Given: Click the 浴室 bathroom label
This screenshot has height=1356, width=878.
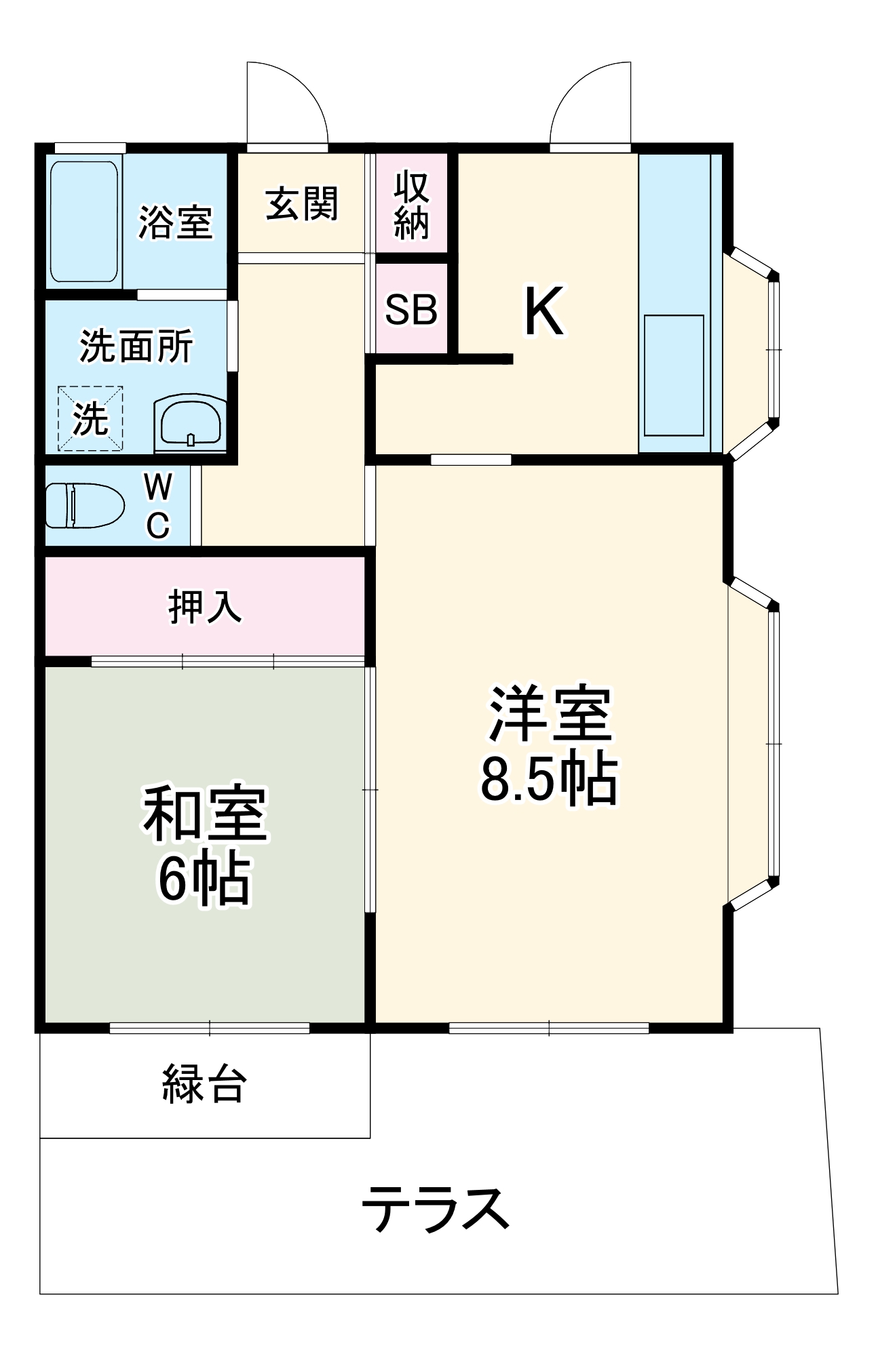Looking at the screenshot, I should tap(176, 222).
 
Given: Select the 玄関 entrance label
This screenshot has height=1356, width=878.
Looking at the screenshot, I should tap(301, 203).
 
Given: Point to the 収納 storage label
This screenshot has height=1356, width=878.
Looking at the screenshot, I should tap(412, 205).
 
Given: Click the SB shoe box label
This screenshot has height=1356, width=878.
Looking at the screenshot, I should tap(411, 309).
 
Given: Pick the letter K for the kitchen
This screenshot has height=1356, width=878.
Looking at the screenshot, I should tap(544, 312).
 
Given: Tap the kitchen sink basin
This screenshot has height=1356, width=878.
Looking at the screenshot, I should tap(673, 375).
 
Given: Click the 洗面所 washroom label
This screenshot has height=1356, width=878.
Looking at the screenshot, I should tap(136, 346).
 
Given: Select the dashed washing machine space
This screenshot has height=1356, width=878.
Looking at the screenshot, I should tap(90, 418).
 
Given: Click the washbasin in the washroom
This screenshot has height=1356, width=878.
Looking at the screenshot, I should tap(190, 422).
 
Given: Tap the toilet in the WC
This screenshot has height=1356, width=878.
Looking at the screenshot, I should tap(84, 505).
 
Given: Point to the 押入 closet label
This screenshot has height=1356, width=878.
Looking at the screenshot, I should tap(204, 606).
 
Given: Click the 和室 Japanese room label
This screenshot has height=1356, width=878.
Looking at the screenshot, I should tap(205, 813).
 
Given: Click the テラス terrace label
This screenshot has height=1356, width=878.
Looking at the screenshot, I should tap(436, 1209).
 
